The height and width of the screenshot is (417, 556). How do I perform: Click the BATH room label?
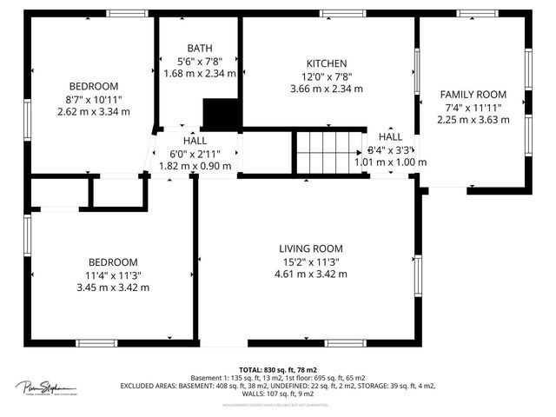pos(199,48)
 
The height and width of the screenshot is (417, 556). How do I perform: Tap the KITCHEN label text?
pos(327,63)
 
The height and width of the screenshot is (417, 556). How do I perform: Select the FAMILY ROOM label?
pos(473,94)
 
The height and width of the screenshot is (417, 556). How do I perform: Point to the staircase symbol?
pos(328,151)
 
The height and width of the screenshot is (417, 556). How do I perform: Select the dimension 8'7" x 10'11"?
pos(93,99)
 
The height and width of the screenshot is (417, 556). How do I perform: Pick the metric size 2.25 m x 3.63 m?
pos(473,120)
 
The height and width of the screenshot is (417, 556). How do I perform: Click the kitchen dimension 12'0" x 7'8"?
pos(327,76)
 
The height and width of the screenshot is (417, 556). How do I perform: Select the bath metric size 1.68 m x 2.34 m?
pos(199,74)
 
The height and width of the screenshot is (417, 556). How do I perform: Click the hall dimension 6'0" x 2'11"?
pos(195,154)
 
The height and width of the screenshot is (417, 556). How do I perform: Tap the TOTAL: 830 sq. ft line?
pos(277,369)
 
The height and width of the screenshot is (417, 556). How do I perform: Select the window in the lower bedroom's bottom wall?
pos(96,343)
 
